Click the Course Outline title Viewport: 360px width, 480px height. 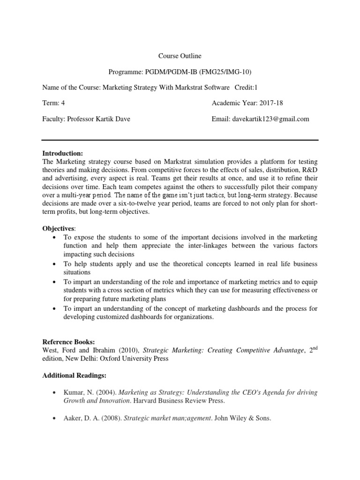pos(180,56)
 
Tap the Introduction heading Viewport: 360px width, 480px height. pos(62,153)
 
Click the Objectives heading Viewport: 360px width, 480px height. pos(59,228)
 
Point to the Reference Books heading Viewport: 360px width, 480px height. pos(68,342)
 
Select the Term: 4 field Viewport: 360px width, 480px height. pos(53,103)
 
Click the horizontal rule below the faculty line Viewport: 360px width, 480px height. pos(180,140)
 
